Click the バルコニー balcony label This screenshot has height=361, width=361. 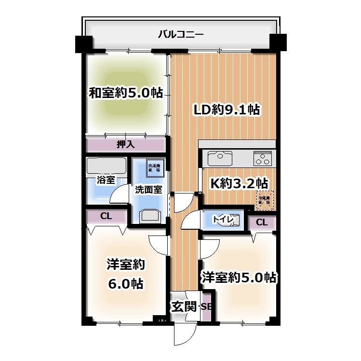coord(181,35)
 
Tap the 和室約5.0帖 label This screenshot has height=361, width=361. coord(125,93)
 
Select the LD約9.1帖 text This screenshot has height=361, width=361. coord(227,110)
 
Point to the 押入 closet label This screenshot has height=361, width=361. coord(125,144)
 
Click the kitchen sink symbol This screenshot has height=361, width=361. coord(219,157)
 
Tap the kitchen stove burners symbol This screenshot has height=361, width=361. coord(263,157)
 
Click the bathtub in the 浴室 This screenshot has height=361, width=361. coord(106,167)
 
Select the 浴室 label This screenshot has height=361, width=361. coord(106,180)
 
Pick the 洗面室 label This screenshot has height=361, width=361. coord(148,190)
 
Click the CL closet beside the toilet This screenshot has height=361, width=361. coord(262,222)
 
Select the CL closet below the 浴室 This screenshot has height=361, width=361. coord(106,216)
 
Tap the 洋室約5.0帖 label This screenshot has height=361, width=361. coord(239,278)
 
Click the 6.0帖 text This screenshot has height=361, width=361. coord(125,284)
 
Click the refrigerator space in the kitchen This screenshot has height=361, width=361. coord(265,199)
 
